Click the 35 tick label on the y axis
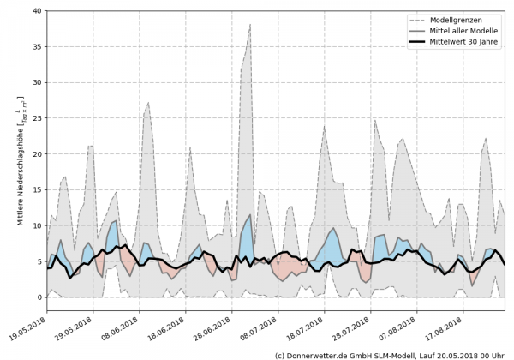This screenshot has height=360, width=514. click(x=37, y=47)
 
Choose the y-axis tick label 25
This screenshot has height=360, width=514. click(x=37, y=118)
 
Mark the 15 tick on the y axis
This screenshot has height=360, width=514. click(x=37, y=190)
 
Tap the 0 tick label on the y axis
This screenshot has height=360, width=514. click(x=39, y=297)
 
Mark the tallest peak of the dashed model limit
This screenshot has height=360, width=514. click(x=250, y=25)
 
